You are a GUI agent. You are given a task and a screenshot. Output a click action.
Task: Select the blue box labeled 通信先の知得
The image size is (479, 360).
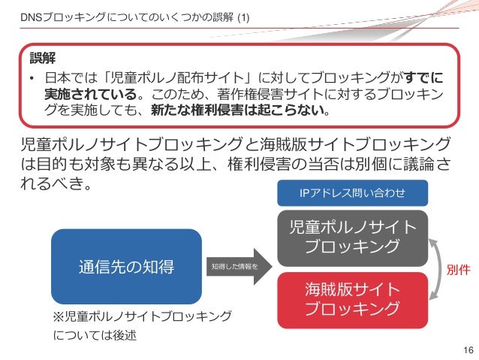(126, 265)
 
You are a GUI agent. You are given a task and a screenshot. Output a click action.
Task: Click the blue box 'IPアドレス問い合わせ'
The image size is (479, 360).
(352, 194)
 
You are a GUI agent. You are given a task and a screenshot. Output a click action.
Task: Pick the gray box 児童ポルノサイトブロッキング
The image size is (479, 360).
(352, 236)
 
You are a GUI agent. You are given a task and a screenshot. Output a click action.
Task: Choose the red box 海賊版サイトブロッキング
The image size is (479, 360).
(352, 298)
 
